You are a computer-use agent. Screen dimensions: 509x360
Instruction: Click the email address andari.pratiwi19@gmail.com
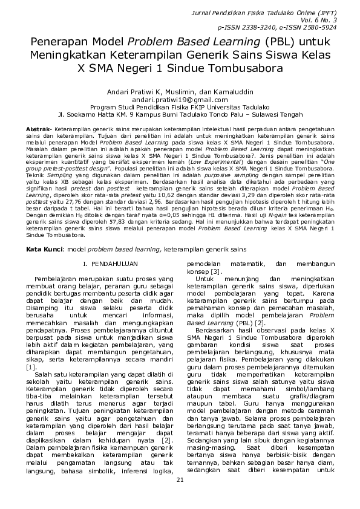[180, 99]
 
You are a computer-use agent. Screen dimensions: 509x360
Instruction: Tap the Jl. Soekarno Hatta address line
[180, 113]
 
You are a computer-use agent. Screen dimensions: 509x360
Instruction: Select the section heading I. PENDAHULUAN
[110, 264]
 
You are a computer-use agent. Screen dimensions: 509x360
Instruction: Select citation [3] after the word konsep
[216, 273]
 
